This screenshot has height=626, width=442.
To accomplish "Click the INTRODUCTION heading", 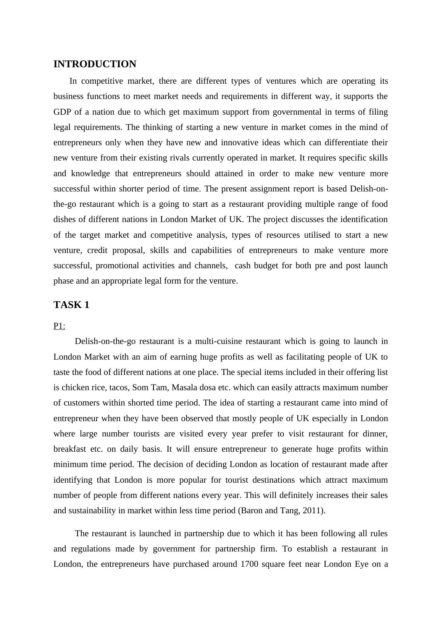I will pos(95,64).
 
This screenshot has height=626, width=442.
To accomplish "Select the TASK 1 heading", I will pos(71,305).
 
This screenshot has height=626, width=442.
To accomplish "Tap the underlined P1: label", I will pos(59,326).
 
